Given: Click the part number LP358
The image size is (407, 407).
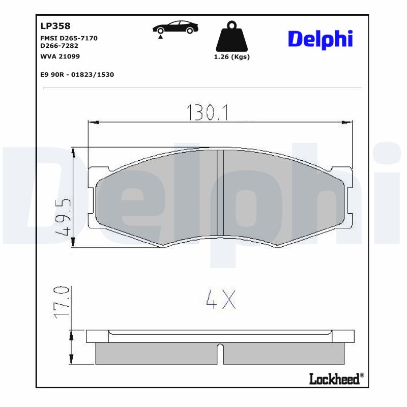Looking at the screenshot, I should pyautogui.click(x=55, y=26).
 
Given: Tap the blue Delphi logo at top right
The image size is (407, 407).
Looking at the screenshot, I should pyautogui.click(x=320, y=39).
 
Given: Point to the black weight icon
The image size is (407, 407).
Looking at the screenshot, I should pyautogui.click(x=231, y=36).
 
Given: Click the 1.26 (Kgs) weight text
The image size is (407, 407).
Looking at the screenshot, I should pyautogui.click(x=232, y=57).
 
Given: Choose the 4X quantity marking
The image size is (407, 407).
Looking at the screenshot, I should pyautogui.click(x=220, y=300).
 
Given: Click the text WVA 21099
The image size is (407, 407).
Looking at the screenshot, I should pyautogui.click(x=60, y=56).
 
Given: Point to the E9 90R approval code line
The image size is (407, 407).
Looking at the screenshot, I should pyautogui.click(x=77, y=74).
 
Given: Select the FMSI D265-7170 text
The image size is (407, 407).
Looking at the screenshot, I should pyautogui.click(x=69, y=39).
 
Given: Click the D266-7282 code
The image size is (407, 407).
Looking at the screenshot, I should pyautogui.click(x=59, y=46).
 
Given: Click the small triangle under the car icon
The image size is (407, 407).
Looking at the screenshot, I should pyautogui.click(x=161, y=38).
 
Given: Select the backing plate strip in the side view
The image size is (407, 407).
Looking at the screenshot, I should pyautogui.click(x=220, y=336).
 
